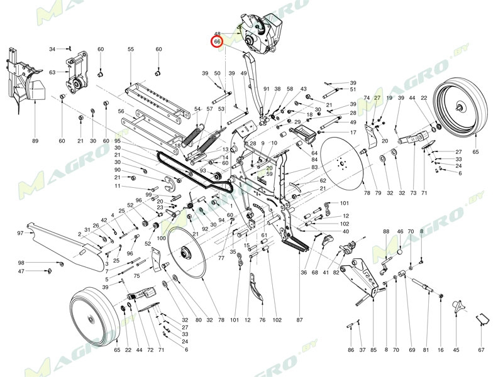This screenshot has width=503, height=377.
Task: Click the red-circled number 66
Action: coord(217,41)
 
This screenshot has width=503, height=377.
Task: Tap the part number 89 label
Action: coord(35,140)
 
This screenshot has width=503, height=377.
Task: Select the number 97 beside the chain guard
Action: coord(20,233)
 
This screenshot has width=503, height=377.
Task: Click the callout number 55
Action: coord(131,49)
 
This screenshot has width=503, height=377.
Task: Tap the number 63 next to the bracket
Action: coord(52,72)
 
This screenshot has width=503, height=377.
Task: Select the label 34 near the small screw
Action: coord(53,48)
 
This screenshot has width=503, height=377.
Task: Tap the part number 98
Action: coord(21,263)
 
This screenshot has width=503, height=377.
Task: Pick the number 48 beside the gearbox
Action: coord(217,34)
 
